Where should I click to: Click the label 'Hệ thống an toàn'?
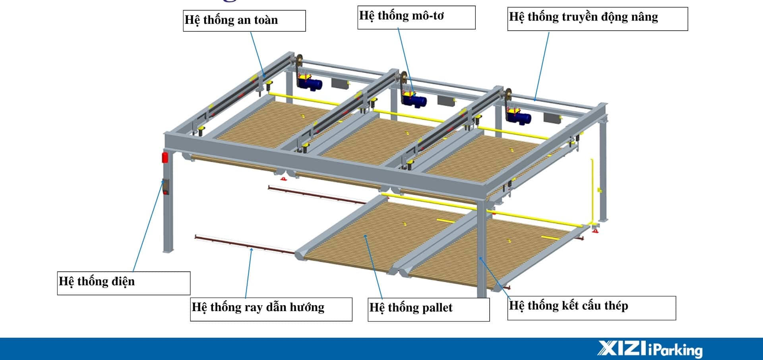tap(244, 21)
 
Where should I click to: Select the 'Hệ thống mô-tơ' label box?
tap(416, 17)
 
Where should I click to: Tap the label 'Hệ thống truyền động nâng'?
tap(597, 18)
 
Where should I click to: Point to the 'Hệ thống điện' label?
tap(124, 283)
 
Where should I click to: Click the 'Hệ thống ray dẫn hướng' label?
tap(271, 309)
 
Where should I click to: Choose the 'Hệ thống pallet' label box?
tap(428, 309)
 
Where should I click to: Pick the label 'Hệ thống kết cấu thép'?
tap(591, 308)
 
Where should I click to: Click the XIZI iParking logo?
tap(650, 349)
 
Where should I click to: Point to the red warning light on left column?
tap(165, 157)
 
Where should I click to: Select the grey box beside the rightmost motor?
tap(552, 117)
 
